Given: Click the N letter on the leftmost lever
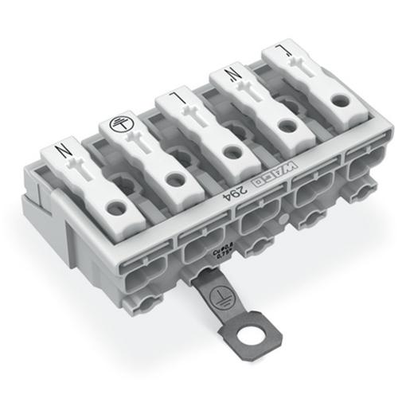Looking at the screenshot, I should click(x=60, y=150).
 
